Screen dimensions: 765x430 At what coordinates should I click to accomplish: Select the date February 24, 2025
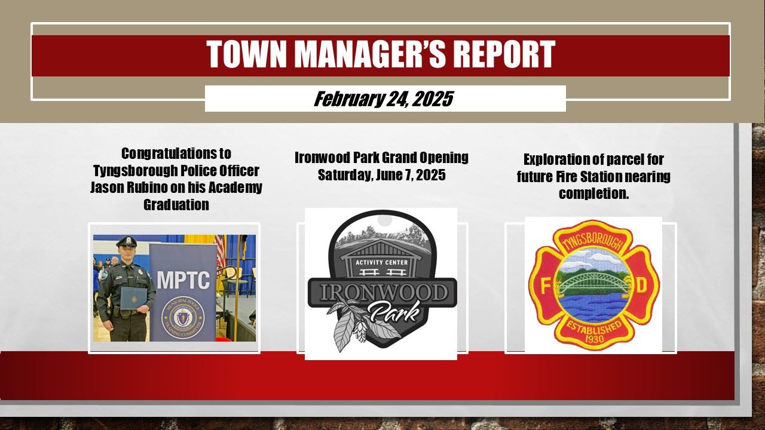pyautogui.click(x=383, y=99)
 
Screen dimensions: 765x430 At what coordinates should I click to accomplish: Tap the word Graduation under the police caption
pyautogui.click(x=176, y=205)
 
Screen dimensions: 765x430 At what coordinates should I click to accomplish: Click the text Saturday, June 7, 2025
pyautogui.click(x=381, y=175)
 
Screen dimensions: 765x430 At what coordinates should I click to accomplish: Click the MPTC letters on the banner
pyautogui.click(x=183, y=280)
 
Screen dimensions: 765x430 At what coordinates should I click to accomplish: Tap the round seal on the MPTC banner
pyautogui.click(x=183, y=317)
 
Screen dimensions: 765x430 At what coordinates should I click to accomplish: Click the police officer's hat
pyautogui.click(x=127, y=242)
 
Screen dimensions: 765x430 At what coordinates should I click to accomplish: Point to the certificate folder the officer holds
pyautogui.click(x=133, y=298)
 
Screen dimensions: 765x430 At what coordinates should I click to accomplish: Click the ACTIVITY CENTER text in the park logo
pyautogui.click(x=381, y=262)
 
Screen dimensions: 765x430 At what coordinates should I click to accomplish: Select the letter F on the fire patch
pyautogui.click(x=544, y=286)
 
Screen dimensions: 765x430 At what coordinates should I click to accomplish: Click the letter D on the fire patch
pyautogui.click(x=642, y=286)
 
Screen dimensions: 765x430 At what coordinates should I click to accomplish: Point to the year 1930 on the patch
pyautogui.click(x=594, y=339)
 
